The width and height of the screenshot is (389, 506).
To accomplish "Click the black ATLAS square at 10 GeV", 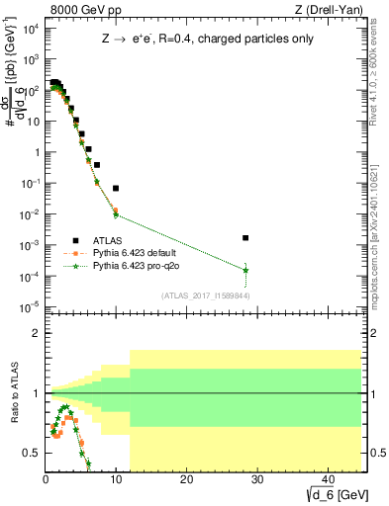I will point(116,188).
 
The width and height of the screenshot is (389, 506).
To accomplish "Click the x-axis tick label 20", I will point(186,481).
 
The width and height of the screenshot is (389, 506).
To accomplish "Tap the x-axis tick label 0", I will point(47,481).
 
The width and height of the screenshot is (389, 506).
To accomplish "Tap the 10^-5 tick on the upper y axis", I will point(32,305).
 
